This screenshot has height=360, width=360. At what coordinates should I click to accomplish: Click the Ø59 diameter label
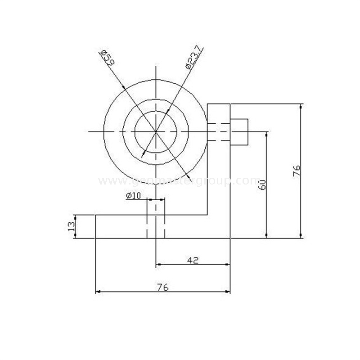[106, 58]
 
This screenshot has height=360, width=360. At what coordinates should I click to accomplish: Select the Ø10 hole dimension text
[134, 195]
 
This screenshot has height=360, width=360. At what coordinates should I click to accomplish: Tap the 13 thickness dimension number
[71, 227]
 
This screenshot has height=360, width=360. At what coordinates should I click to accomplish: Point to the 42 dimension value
[193, 260]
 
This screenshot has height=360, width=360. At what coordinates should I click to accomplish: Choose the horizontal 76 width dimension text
[163, 288]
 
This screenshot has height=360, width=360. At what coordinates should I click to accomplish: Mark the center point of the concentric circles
[156, 132]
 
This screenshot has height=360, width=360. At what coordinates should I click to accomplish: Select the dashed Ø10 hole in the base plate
[156, 220]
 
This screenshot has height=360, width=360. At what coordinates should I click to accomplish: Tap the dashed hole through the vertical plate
[219, 132]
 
